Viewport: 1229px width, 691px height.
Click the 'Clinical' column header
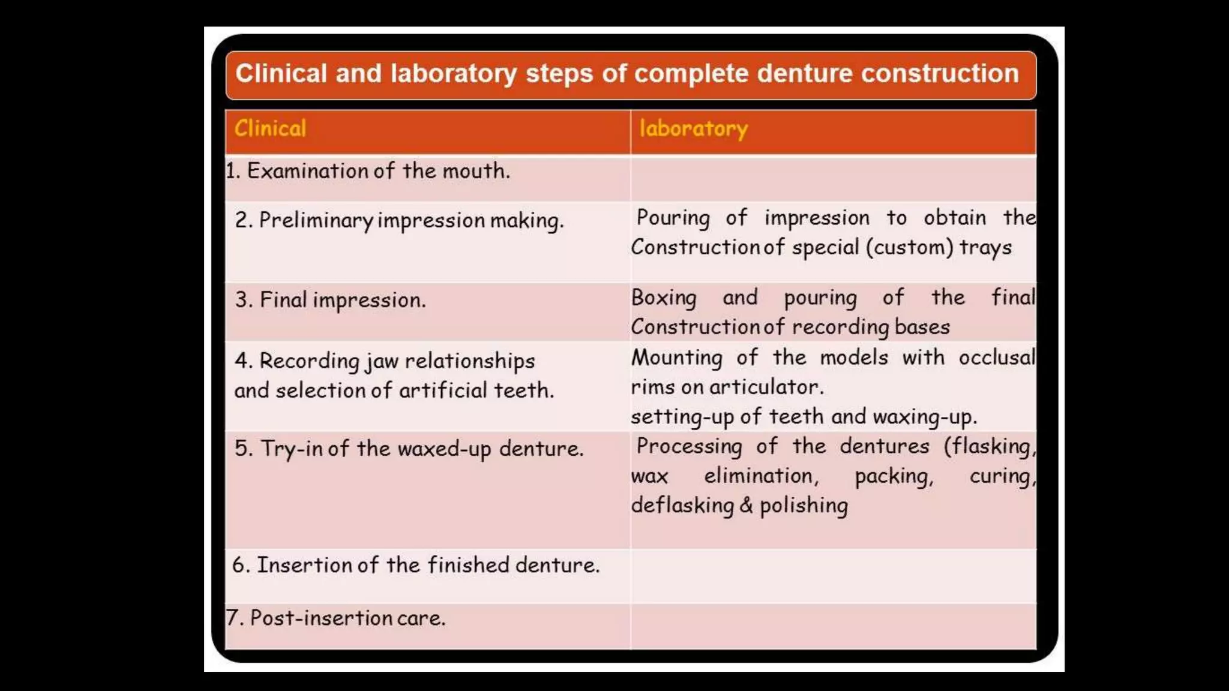pyautogui.click(x=270, y=128)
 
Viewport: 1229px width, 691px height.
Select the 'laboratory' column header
pyautogui.click(x=693, y=129)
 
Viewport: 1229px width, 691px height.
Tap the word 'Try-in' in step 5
pyautogui.click(x=292, y=449)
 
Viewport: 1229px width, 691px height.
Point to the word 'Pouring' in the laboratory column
pyautogui.click(x=673, y=218)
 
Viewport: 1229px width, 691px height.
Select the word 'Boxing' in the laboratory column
pyautogui.click(x=664, y=298)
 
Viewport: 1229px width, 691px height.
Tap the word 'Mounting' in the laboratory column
pyautogui.click(x=676, y=357)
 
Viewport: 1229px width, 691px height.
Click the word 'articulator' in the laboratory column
pyautogui.click(x=766, y=387)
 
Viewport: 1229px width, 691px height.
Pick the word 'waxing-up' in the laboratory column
pyautogui.click(x=924, y=417)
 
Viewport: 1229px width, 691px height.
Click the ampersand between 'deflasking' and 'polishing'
pyautogui.click(x=746, y=505)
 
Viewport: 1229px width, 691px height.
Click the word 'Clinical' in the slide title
pyautogui.click(x=281, y=74)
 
